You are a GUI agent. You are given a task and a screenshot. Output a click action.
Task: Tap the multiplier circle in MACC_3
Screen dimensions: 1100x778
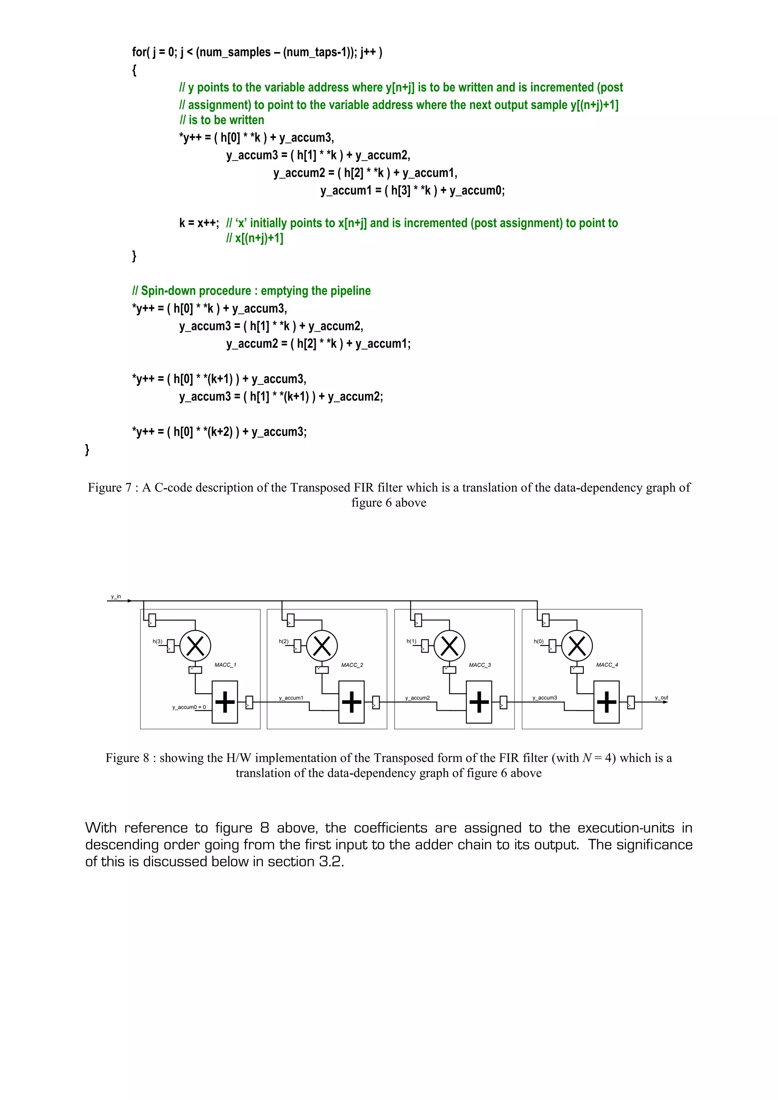click(449, 645)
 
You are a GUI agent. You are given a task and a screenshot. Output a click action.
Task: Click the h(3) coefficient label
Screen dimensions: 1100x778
click(157, 641)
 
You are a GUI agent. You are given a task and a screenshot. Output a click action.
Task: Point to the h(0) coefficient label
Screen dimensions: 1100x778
click(538, 641)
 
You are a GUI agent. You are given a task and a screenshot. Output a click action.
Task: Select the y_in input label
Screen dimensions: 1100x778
click(116, 596)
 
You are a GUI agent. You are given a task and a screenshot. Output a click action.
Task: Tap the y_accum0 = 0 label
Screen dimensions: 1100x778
click(189, 707)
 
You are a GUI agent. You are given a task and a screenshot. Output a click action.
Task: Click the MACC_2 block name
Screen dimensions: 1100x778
click(352, 665)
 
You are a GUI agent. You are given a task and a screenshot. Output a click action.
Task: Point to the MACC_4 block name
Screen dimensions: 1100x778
click(607, 665)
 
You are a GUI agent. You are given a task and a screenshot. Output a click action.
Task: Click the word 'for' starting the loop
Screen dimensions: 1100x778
click(139, 52)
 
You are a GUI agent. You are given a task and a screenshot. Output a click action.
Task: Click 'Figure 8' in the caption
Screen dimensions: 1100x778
click(127, 758)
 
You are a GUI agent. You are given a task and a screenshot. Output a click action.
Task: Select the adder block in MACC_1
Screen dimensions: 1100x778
click(225, 702)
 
